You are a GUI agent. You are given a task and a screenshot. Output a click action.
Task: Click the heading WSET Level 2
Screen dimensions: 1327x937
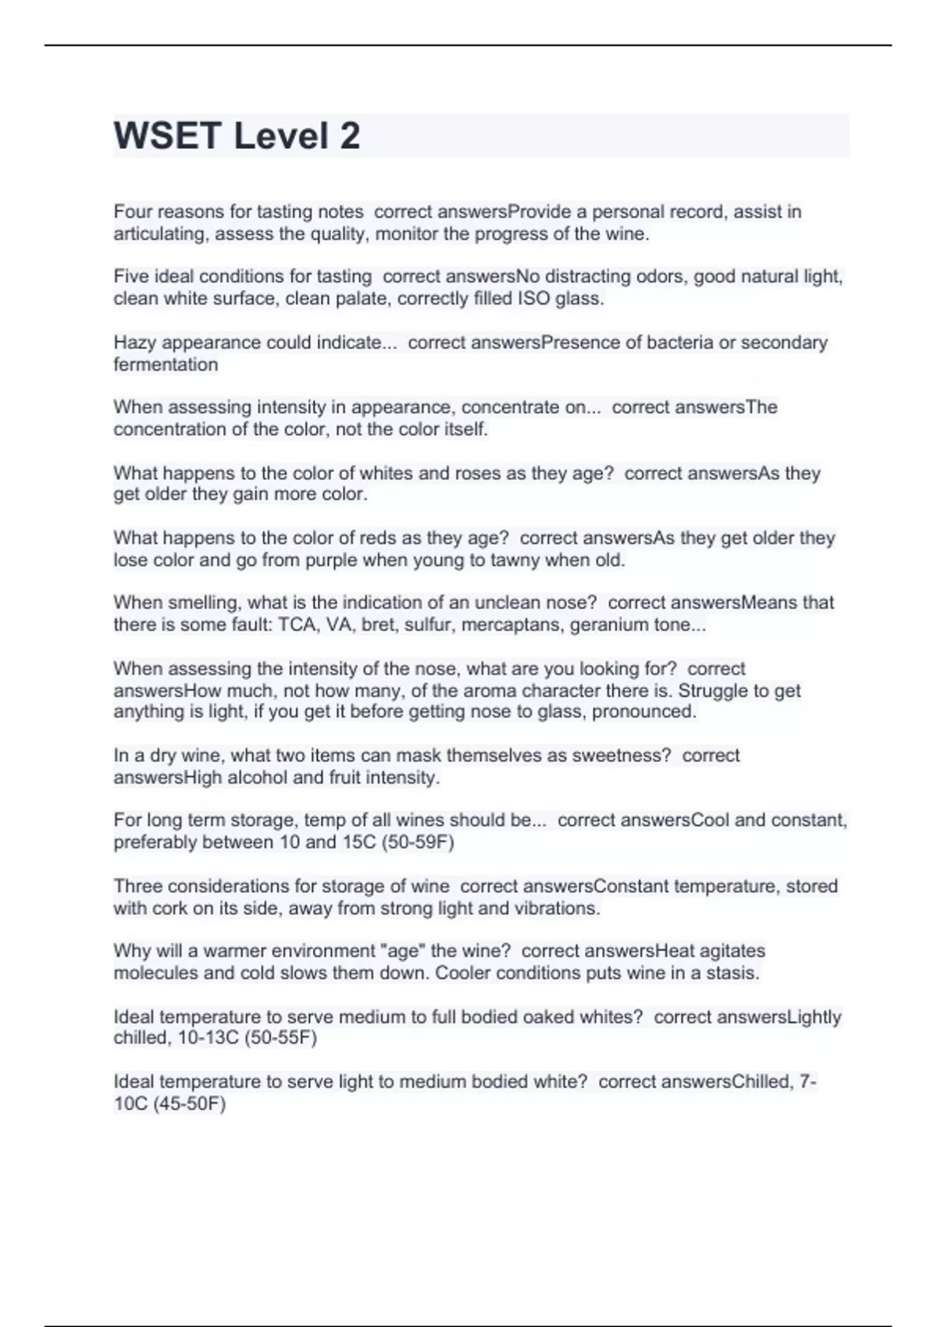click(237, 136)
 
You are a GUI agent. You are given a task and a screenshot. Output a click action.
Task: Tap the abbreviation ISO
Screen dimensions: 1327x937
click(534, 299)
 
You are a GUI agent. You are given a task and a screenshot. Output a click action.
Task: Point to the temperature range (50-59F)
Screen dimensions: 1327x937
click(418, 842)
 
